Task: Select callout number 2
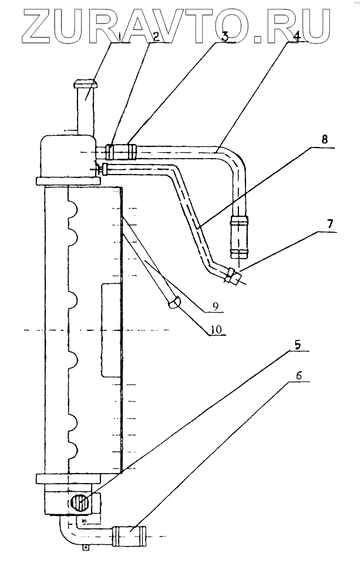[x=156, y=36]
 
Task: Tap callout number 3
[x=225, y=36]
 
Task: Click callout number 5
[x=298, y=344]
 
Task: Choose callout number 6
[x=299, y=376]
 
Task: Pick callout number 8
[x=324, y=139]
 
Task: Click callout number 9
[x=216, y=306]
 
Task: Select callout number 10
[x=216, y=330]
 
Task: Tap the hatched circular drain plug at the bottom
[x=80, y=503]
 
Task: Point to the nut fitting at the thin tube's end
[x=232, y=276]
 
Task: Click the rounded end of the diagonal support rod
[x=173, y=302]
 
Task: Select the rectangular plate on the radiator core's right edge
[x=110, y=330]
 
